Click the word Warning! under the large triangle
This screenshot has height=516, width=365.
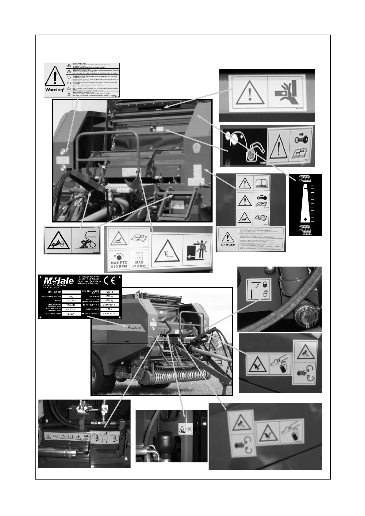pyautogui.click(x=55, y=90)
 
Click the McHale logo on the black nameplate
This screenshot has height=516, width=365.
pyautogui.click(x=59, y=281)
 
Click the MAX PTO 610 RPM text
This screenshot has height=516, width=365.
pyautogui.click(x=119, y=264)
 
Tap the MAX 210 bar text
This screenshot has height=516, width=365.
pyautogui.click(x=139, y=264)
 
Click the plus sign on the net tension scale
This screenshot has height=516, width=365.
pyautogui.click(x=305, y=219)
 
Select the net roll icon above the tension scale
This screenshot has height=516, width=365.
pyautogui.click(x=305, y=178)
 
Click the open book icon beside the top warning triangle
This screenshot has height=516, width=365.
pyautogui.click(x=261, y=184)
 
